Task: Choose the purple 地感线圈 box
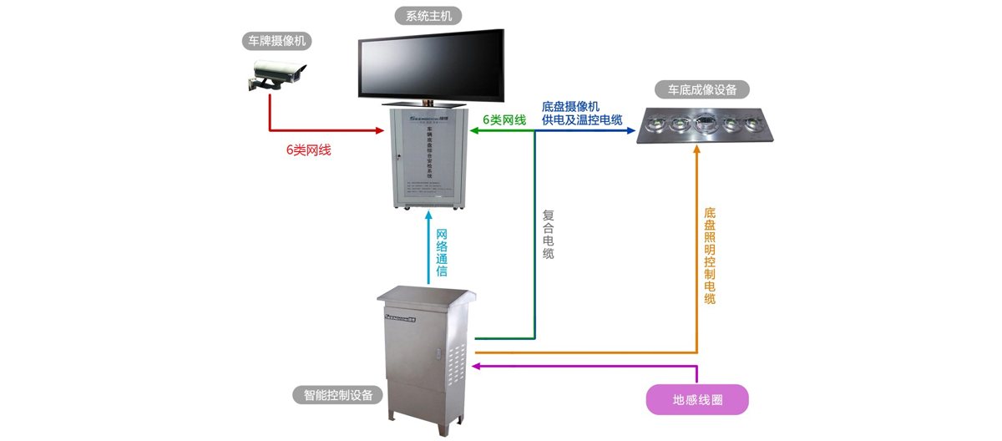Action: point(697,400)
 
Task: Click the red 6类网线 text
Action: point(308,151)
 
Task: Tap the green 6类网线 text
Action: point(504,120)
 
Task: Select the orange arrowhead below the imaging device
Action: point(697,160)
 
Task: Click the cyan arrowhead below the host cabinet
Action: point(428,219)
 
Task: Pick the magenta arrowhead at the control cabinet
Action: point(479,365)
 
